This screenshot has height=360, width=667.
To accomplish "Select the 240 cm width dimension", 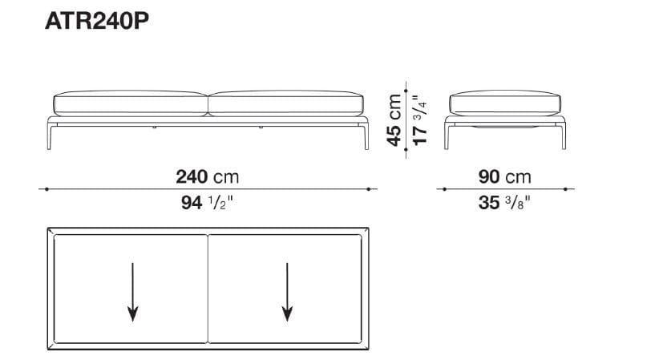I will tap(207, 176).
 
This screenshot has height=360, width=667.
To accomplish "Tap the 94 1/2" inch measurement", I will tap(207, 203).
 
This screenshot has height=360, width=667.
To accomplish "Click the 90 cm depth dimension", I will tap(505, 176).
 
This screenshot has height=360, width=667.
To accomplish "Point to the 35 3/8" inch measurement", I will tap(505, 203).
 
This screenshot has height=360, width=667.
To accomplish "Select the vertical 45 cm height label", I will tap(394, 119).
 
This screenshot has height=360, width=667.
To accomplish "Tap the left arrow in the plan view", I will tap(133, 292).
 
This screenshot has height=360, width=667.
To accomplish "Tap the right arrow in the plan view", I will tap(286, 292).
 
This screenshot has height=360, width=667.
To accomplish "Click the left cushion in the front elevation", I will tap(129, 104).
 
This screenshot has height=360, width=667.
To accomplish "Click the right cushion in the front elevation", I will tap(286, 104).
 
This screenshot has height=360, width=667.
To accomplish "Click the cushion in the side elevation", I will tap(504, 104).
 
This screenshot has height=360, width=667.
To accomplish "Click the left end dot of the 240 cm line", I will tap(47, 189).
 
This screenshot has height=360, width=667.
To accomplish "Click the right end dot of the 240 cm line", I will tap(368, 189).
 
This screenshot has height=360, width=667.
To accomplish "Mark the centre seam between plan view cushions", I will tap(208, 289).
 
